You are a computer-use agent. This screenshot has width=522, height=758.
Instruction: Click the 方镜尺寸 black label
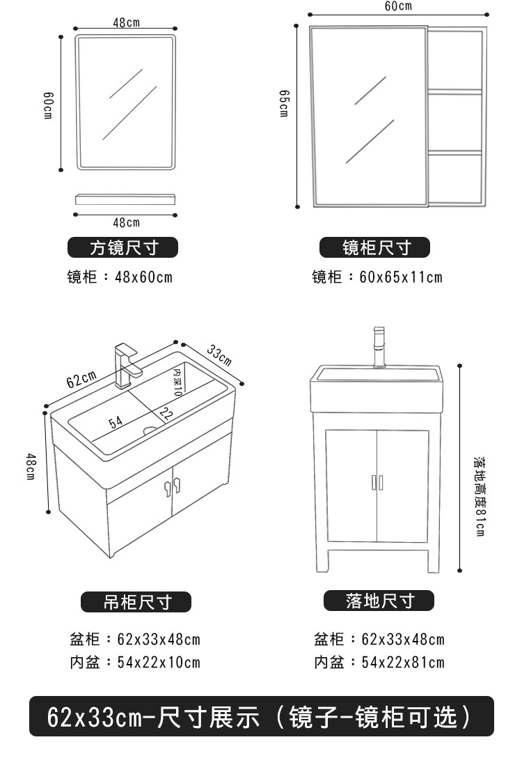[x=123, y=247]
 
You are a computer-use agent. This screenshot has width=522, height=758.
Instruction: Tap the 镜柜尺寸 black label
[x=375, y=247]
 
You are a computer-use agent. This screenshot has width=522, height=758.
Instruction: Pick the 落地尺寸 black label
[x=379, y=601]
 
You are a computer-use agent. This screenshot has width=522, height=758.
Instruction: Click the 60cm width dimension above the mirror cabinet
[x=397, y=6]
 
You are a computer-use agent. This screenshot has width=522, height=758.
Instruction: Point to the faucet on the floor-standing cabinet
[x=379, y=347]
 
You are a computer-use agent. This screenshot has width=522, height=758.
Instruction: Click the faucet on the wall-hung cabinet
[x=127, y=364]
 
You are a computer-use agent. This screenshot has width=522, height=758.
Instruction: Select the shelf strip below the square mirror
[x=125, y=199]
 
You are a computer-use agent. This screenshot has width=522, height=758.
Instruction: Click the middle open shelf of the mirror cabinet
[x=454, y=122]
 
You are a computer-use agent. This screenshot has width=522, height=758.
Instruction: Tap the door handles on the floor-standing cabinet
[x=377, y=482]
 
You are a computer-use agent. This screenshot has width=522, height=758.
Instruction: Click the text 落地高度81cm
[x=479, y=497]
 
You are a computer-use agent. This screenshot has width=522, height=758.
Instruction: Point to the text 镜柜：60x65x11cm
[x=377, y=277]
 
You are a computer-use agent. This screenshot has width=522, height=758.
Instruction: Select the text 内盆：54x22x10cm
[x=134, y=662]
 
